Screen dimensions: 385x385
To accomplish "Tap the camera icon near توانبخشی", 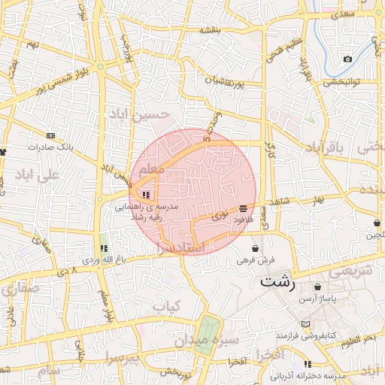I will point(347,59).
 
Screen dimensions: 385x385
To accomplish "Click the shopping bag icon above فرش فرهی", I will point(256,248).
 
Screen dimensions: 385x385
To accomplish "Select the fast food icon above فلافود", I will point(243,208).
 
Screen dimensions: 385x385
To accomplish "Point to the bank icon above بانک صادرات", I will point(50,135).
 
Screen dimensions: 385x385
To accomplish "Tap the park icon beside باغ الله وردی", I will point(104,247).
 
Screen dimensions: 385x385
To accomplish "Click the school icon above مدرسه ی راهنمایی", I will point(145,195).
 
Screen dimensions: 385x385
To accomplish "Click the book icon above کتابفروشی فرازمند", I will point(304,324).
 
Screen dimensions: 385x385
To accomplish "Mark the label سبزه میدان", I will point(206,341).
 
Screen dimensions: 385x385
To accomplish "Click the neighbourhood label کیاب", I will point(167,306).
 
